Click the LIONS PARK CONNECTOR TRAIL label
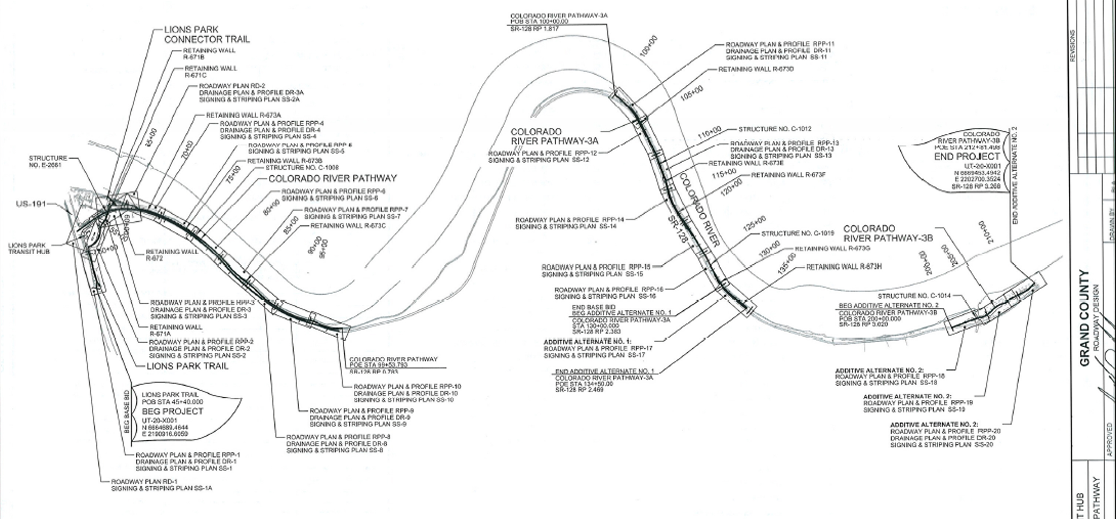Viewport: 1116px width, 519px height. point(207,35)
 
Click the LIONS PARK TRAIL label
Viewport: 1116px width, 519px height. point(188,366)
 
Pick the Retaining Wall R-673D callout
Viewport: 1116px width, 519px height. point(756,69)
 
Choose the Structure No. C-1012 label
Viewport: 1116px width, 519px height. point(774,129)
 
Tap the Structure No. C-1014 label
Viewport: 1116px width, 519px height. point(914,296)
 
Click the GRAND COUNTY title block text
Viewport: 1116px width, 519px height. point(1084,318)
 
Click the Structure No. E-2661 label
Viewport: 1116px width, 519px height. point(48,161)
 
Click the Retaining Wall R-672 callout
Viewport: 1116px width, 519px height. point(171,255)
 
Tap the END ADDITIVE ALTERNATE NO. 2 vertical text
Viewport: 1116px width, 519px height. point(1015,175)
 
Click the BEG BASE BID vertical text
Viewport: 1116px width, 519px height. point(126,411)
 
